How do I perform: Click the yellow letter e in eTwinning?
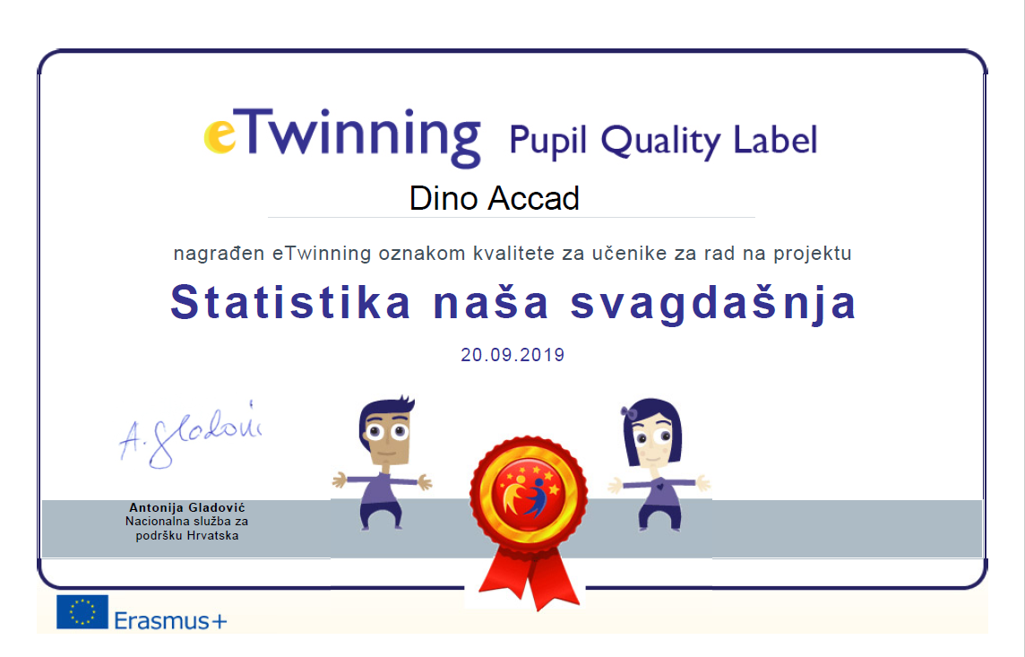click(x=220, y=135)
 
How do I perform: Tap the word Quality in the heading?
click(x=660, y=142)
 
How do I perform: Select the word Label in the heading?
click(x=775, y=139)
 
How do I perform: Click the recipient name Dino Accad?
click(x=495, y=198)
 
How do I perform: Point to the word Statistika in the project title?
click(x=291, y=303)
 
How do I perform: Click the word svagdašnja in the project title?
click(x=713, y=305)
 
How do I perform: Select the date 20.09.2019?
click(x=512, y=355)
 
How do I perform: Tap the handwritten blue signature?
click(x=190, y=435)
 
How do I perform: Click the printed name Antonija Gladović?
click(x=187, y=507)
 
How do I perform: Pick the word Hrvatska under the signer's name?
click(x=212, y=535)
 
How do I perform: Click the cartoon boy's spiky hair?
click(x=387, y=411)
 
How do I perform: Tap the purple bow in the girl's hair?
click(x=630, y=412)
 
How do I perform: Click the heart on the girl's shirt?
click(x=660, y=487)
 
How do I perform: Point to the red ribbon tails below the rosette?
click(x=529, y=577)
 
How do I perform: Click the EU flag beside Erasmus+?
click(x=82, y=612)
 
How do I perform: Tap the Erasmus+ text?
click(x=170, y=619)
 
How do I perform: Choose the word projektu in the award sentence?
click(x=813, y=254)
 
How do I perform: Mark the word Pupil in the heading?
click(x=547, y=141)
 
